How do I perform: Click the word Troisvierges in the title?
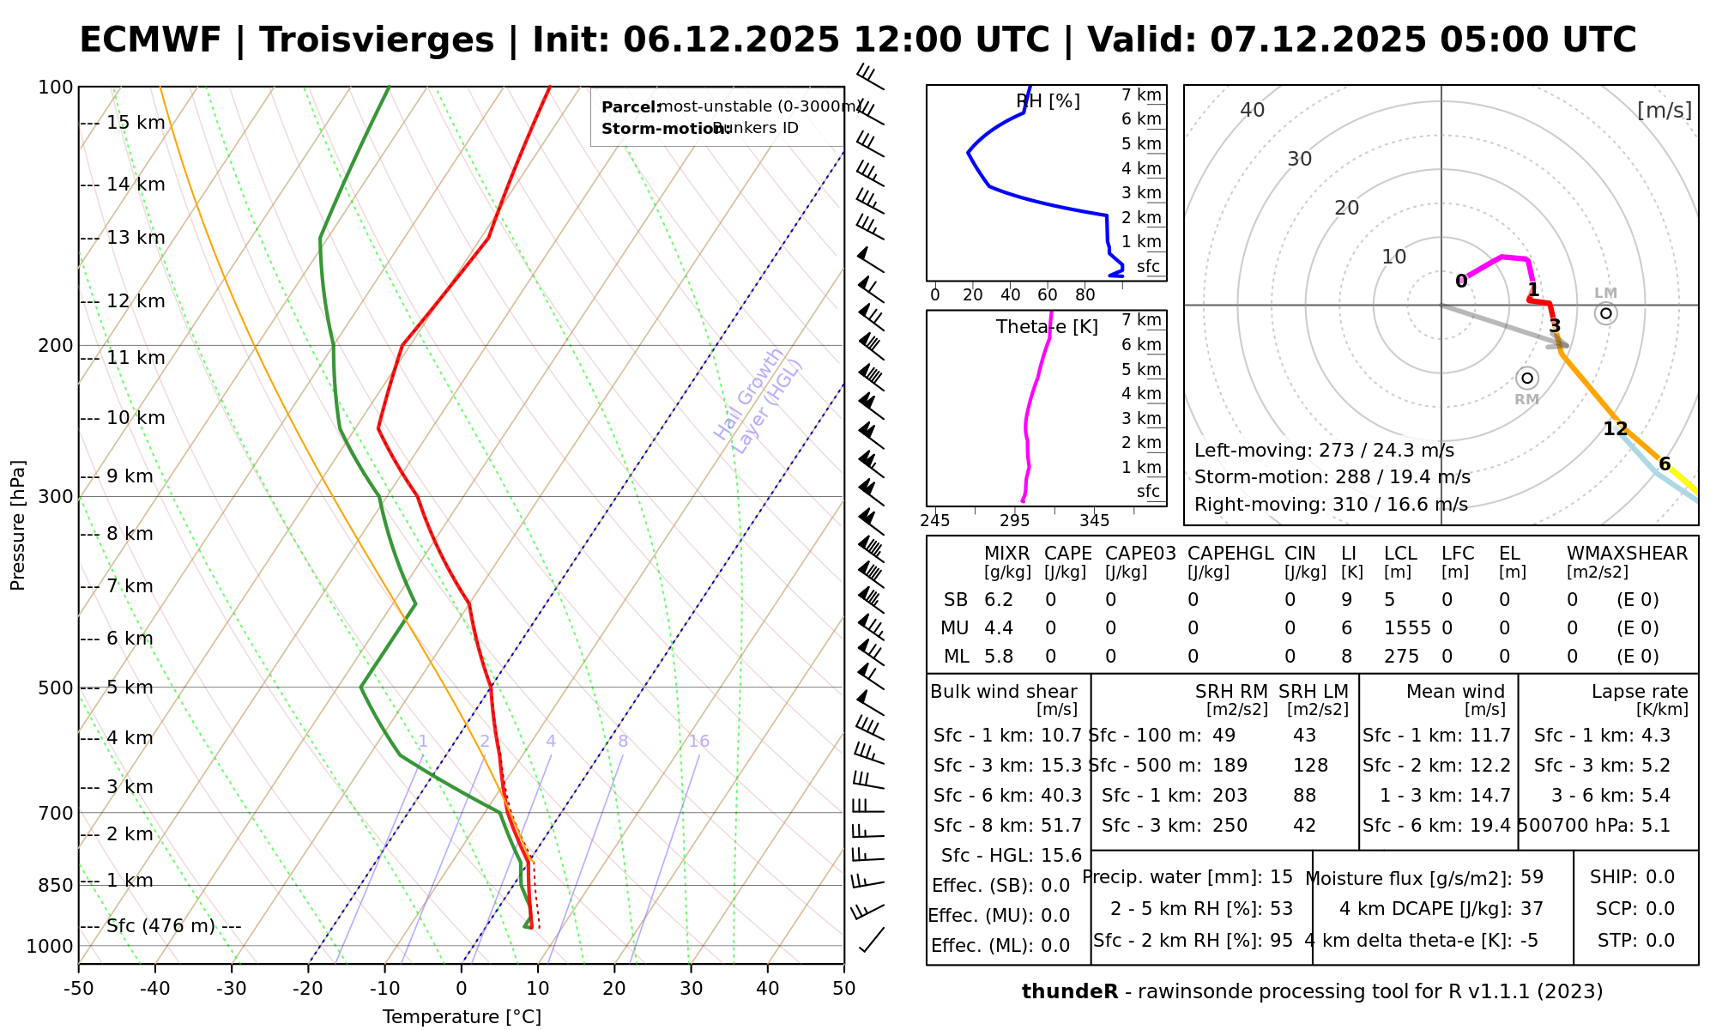coord(377,40)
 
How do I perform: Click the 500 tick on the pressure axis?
coord(55,688)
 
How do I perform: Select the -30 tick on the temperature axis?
coord(232,989)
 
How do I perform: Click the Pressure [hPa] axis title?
coord(18,525)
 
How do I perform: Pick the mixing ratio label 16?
coord(698,742)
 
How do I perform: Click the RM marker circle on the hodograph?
coord(1526,378)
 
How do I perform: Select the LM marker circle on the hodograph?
coord(1605,313)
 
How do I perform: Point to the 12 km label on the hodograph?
coord(1616,429)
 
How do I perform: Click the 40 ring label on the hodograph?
coord(1253,110)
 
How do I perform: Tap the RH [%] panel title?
coord(1048,101)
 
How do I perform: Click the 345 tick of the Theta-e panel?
coord(1094,521)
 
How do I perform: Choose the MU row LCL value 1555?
coord(1407,628)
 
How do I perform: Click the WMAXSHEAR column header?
coord(1627,554)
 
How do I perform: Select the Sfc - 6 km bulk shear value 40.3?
coord(1061,796)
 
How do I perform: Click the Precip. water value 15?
coord(1281,877)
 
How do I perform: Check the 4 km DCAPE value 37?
coord(1532,909)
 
